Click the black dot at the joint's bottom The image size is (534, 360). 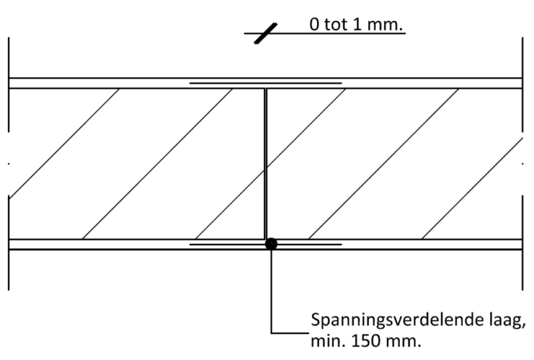coord(271,244)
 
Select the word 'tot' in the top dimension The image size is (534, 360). coord(335,25)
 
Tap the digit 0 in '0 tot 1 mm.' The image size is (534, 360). coord(314,25)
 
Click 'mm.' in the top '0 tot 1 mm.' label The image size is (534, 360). coord(384,25)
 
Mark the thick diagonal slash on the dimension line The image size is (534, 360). coord(266,33)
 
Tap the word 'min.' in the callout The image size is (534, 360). coord(326,341)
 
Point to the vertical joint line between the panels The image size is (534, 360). coord(265,164)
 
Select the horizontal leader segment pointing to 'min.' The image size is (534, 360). coord(290,333)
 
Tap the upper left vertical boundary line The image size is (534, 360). coord(8,84)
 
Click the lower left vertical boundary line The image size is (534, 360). coord(8,243)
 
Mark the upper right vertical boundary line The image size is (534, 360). coord(522,84)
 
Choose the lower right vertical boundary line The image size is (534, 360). coord(522,243)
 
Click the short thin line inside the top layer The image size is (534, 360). coord(265,83)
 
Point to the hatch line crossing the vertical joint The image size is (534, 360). coord(271,164)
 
